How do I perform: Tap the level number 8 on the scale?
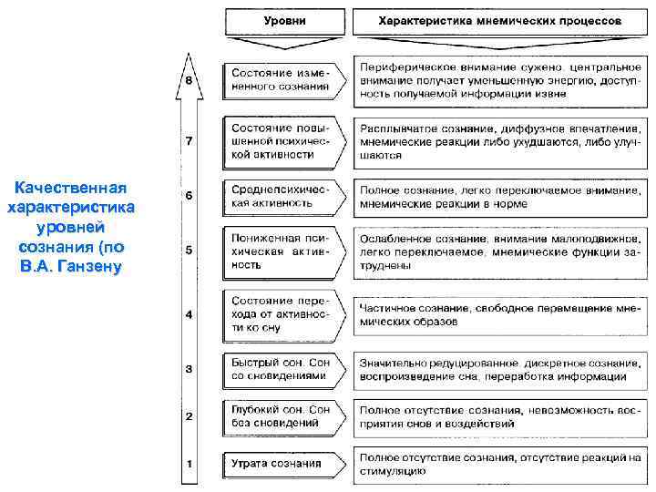(189, 82)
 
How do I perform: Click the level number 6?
(189, 196)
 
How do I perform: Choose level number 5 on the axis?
(189, 250)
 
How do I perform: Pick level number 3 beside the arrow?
(189, 369)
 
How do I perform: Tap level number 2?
(189, 416)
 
